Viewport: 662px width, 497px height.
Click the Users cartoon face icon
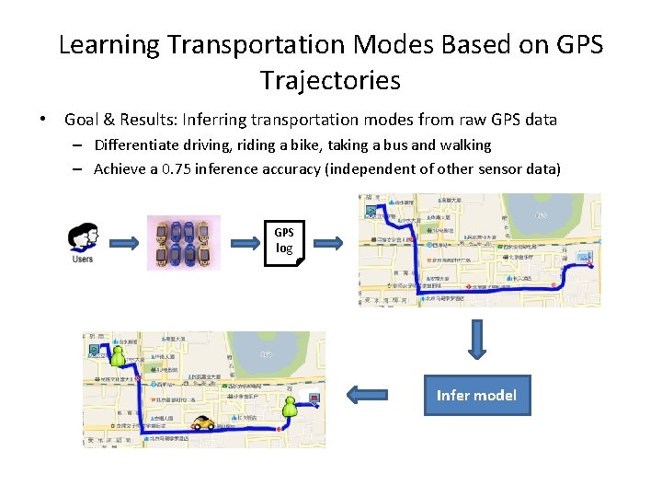[x=83, y=237]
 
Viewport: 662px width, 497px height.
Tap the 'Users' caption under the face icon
[x=83, y=259]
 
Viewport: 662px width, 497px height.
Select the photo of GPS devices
[x=184, y=243]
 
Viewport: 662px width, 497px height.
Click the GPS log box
[x=284, y=242]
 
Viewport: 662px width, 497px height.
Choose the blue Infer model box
[x=476, y=395]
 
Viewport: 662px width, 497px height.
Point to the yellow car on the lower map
[x=203, y=422]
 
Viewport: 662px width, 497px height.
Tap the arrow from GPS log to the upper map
[x=326, y=243]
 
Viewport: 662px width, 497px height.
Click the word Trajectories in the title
[x=330, y=80]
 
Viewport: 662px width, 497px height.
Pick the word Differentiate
[x=139, y=144]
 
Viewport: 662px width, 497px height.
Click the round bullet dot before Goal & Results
[x=42, y=120]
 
